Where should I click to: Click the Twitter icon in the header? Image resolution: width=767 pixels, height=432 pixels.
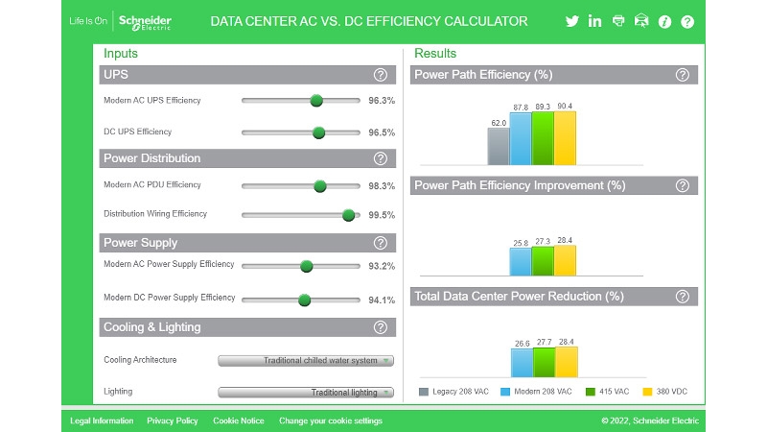click(x=572, y=21)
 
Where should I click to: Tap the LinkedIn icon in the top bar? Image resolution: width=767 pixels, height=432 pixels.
click(x=595, y=21)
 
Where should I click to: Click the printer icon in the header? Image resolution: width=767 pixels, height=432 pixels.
click(x=618, y=21)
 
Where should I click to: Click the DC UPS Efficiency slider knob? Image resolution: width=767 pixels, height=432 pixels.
click(x=318, y=133)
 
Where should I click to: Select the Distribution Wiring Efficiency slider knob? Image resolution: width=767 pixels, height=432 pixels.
click(x=349, y=216)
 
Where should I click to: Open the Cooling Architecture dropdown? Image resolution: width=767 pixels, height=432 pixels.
click(x=306, y=361)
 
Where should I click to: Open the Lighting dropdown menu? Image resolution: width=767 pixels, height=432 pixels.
click(x=306, y=392)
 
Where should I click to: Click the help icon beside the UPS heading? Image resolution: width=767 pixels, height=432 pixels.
click(x=381, y=75)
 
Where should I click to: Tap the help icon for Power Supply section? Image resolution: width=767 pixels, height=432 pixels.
click(x=381, y=243)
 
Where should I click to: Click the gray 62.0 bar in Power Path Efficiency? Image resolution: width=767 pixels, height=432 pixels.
click(x=498, y=146)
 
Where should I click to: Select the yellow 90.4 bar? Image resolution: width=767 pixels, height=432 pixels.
click(x=565, y=138)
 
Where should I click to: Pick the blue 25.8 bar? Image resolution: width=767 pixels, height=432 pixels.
click(x=521, y=261)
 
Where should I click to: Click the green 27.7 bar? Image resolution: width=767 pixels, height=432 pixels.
click(x=544, y=361)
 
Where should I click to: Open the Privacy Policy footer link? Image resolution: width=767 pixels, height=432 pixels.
click(x=173, y=420)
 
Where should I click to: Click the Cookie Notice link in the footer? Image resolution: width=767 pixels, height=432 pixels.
click(x=239, y=420)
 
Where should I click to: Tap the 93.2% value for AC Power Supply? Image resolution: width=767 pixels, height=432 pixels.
click(x=382, y=266)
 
